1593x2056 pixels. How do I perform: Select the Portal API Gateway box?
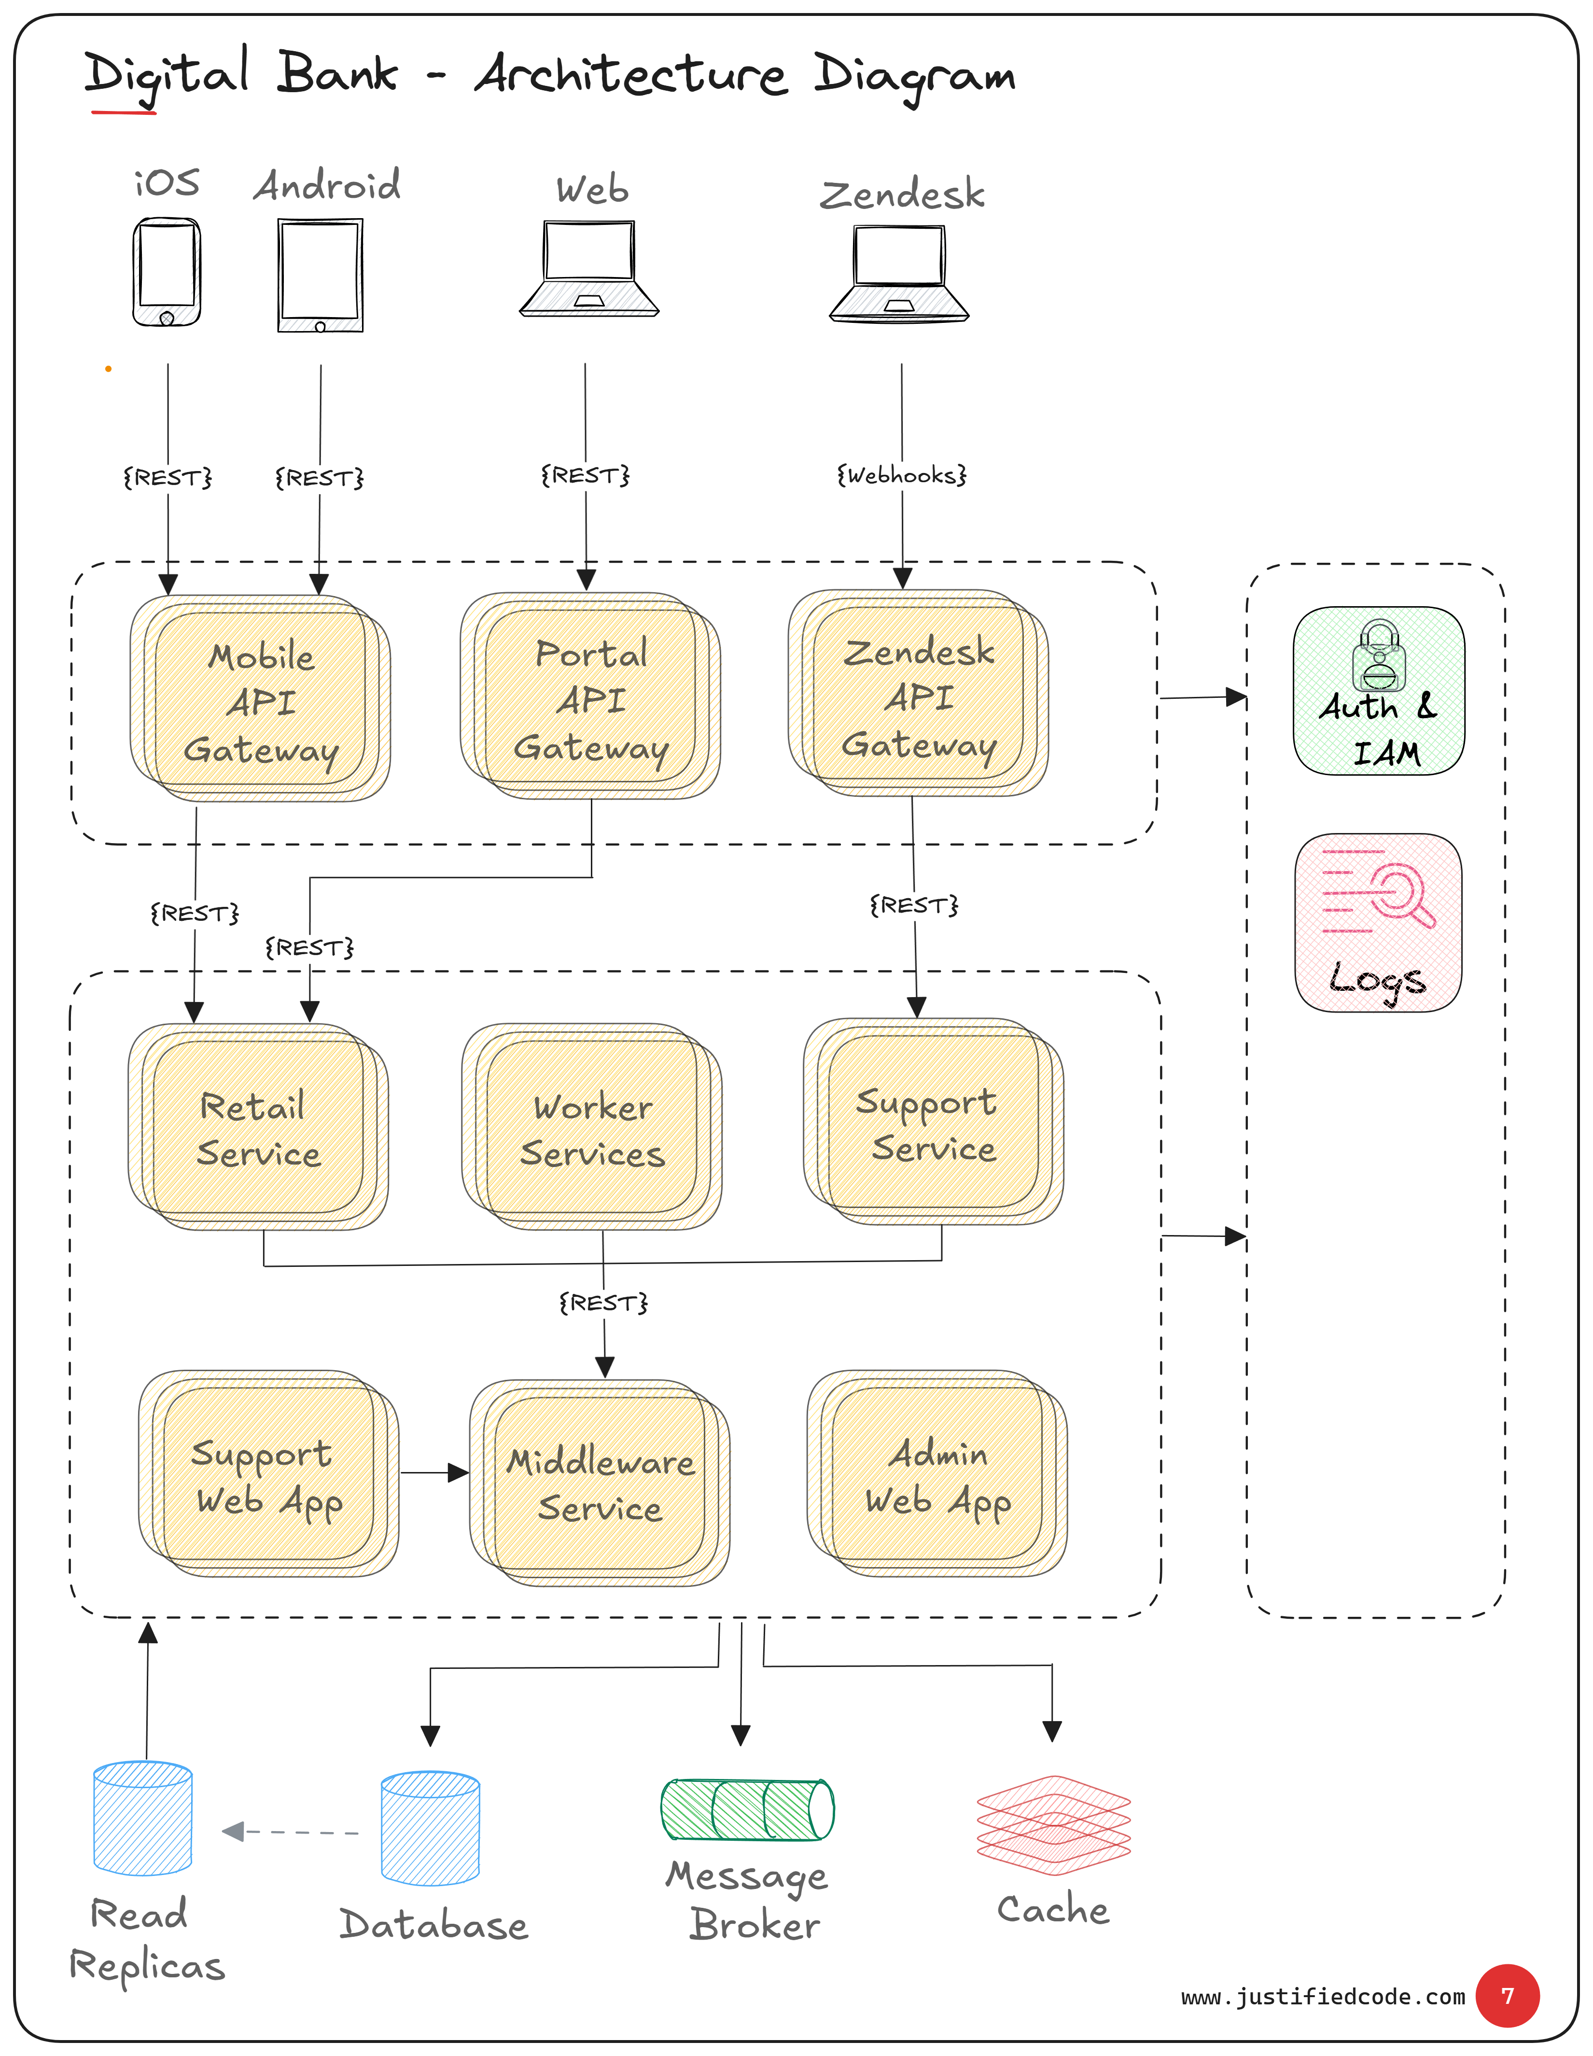tap(590, 696)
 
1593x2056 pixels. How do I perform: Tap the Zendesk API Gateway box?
tap(918, 694)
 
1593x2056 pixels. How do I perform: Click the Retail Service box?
tap(258, 1127)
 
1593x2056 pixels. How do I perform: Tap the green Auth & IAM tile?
tap(1378, 691)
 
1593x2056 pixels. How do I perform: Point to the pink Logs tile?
tap(1378, 923)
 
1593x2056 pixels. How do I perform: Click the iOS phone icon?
tap(167, 272)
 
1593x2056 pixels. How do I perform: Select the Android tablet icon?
tap(320, 275)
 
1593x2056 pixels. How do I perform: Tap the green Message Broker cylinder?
tap(748, 1809)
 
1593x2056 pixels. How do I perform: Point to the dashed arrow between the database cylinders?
tap(290, 1832)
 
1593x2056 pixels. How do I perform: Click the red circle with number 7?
tap(1508, 1996)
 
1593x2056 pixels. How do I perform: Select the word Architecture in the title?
tap(631, 75)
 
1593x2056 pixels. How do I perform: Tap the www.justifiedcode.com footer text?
tap(1323, 1997)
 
